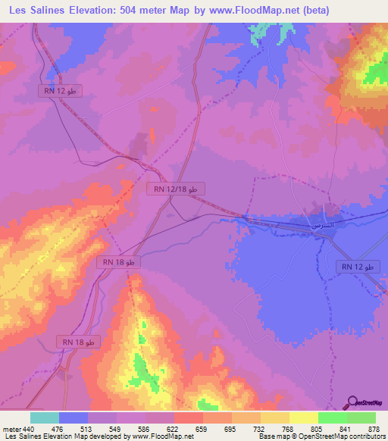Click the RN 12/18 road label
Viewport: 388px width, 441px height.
tap(175, 188)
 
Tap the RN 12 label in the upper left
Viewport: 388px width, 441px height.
tap(59, 90)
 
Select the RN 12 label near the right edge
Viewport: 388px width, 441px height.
tap(358, 267)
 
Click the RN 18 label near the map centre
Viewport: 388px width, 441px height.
tap(119, 261)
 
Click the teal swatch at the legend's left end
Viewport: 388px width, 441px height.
tap(44, 418)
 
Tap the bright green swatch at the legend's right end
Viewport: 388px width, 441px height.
tap(361, 418)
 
